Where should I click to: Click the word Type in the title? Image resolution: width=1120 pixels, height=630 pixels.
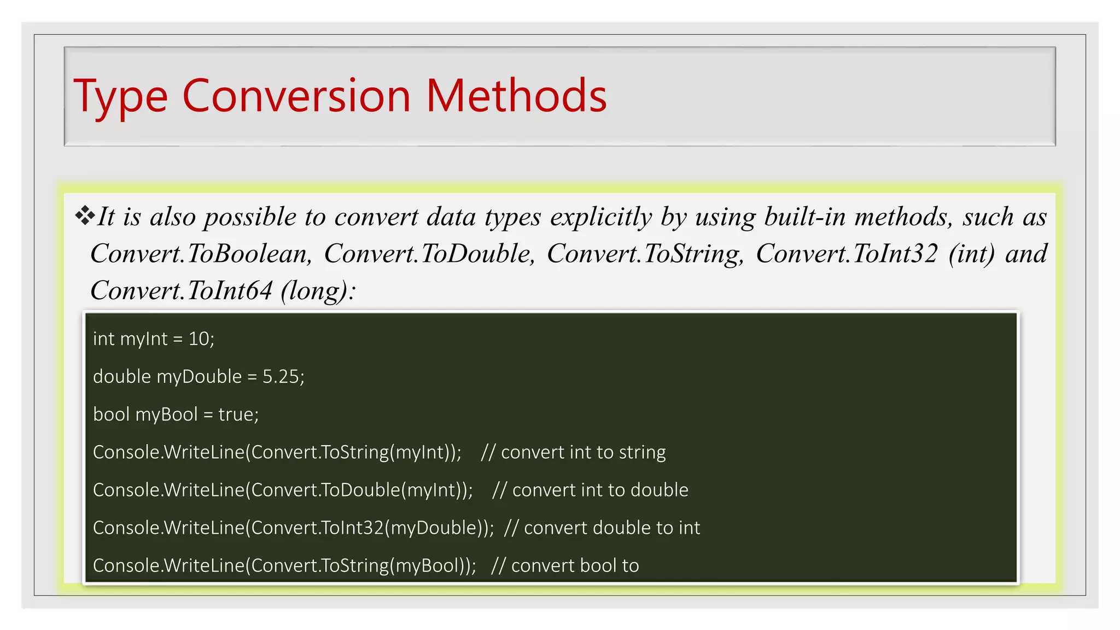[120, 96]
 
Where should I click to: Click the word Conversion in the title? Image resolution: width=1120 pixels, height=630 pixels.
[296, 96]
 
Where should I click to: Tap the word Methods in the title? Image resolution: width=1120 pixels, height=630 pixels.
[516, 96]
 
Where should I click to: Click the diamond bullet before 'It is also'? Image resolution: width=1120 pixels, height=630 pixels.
[85, 215]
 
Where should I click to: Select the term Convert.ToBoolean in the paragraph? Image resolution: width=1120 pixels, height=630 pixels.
[201, 254]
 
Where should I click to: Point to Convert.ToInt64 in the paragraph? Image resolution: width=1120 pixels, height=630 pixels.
[181, 290]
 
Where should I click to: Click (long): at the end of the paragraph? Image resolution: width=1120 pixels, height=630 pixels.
[318, 290]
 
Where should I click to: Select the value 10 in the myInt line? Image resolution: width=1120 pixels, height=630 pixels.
[199, 339]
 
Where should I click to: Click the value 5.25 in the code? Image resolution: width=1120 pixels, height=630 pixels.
[281, 377]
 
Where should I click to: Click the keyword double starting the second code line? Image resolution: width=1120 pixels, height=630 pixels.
[121, 377]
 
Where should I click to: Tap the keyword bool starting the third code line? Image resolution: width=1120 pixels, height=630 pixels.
[111, 415]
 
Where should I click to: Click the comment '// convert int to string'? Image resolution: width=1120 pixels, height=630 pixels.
[573, 452]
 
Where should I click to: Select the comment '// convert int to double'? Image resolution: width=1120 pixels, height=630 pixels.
[590, 490]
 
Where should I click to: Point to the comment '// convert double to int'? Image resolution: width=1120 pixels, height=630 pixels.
[602, 528]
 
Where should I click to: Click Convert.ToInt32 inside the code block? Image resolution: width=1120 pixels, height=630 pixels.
[317, 528]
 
